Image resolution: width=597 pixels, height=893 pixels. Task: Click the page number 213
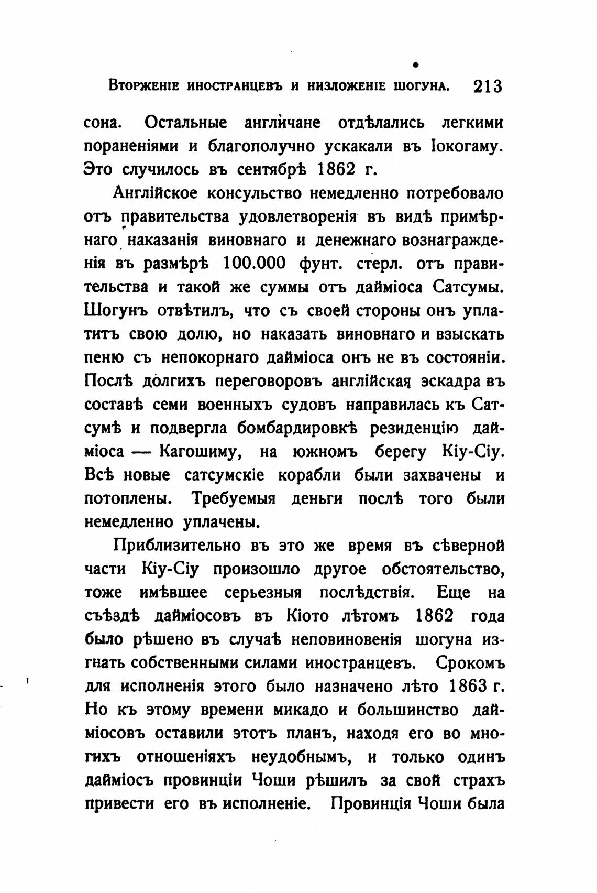[x=487, y=86]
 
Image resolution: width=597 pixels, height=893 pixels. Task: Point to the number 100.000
[x=255, y=263]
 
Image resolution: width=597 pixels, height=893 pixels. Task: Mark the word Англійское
[x=156, y=193]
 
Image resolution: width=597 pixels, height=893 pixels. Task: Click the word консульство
[x=253, y=193]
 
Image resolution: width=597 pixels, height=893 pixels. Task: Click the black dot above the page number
[x=415, y=64]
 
